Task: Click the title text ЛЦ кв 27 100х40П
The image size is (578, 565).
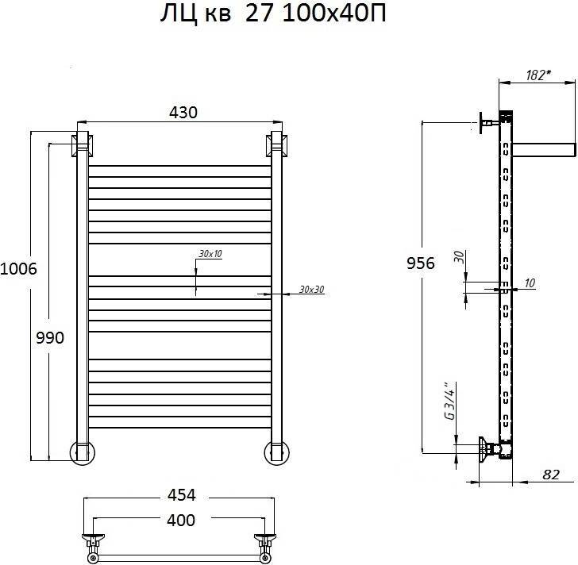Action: tap(273, 15)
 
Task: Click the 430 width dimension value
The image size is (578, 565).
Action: tap(183, 113)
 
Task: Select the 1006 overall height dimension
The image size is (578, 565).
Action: tap(18, 269)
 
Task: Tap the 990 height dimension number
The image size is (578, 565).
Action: tap(50, 337)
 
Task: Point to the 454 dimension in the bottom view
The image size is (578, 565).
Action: tap(181, 495)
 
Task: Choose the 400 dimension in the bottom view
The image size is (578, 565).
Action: tap(181, 521)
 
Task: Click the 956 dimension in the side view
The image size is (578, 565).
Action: tap(421, 263)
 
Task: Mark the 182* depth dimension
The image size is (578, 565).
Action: tap(538, 75)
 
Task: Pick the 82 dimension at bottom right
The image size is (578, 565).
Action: tap(551, 475)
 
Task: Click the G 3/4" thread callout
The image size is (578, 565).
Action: tap(450, 401)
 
